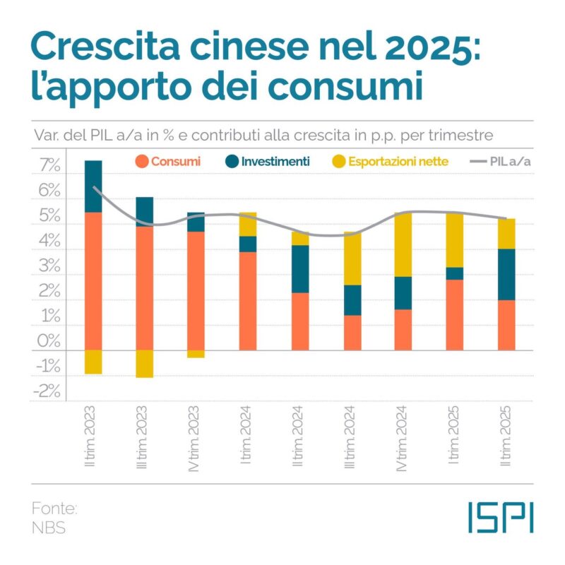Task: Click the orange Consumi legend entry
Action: coord(167,162)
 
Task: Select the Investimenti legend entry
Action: coord(268,162)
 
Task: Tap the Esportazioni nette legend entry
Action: coord(390,162)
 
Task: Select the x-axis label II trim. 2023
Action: coord(93,437)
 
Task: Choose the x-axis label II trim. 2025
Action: coord(506,437)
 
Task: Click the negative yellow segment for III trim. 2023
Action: coord(144,364)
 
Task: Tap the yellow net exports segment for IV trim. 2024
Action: coord(403,244)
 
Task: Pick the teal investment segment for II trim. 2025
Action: coord(506,275)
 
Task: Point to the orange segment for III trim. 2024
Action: coord(351,333)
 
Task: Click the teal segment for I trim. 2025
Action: coord(454,273)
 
